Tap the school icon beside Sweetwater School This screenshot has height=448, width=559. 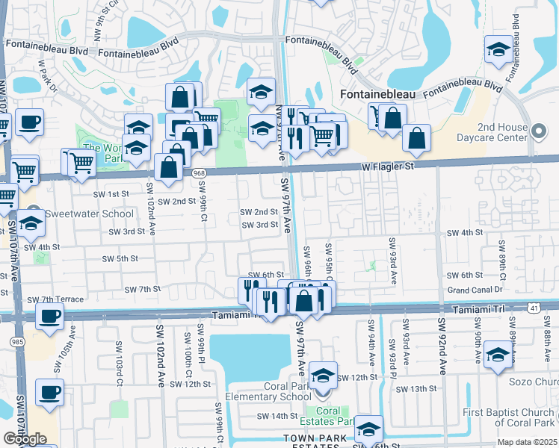pos(31,223)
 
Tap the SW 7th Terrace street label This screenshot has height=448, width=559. pos(55,299)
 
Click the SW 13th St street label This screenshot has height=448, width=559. pos(416,389)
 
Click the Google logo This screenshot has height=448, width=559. pos(25,439)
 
